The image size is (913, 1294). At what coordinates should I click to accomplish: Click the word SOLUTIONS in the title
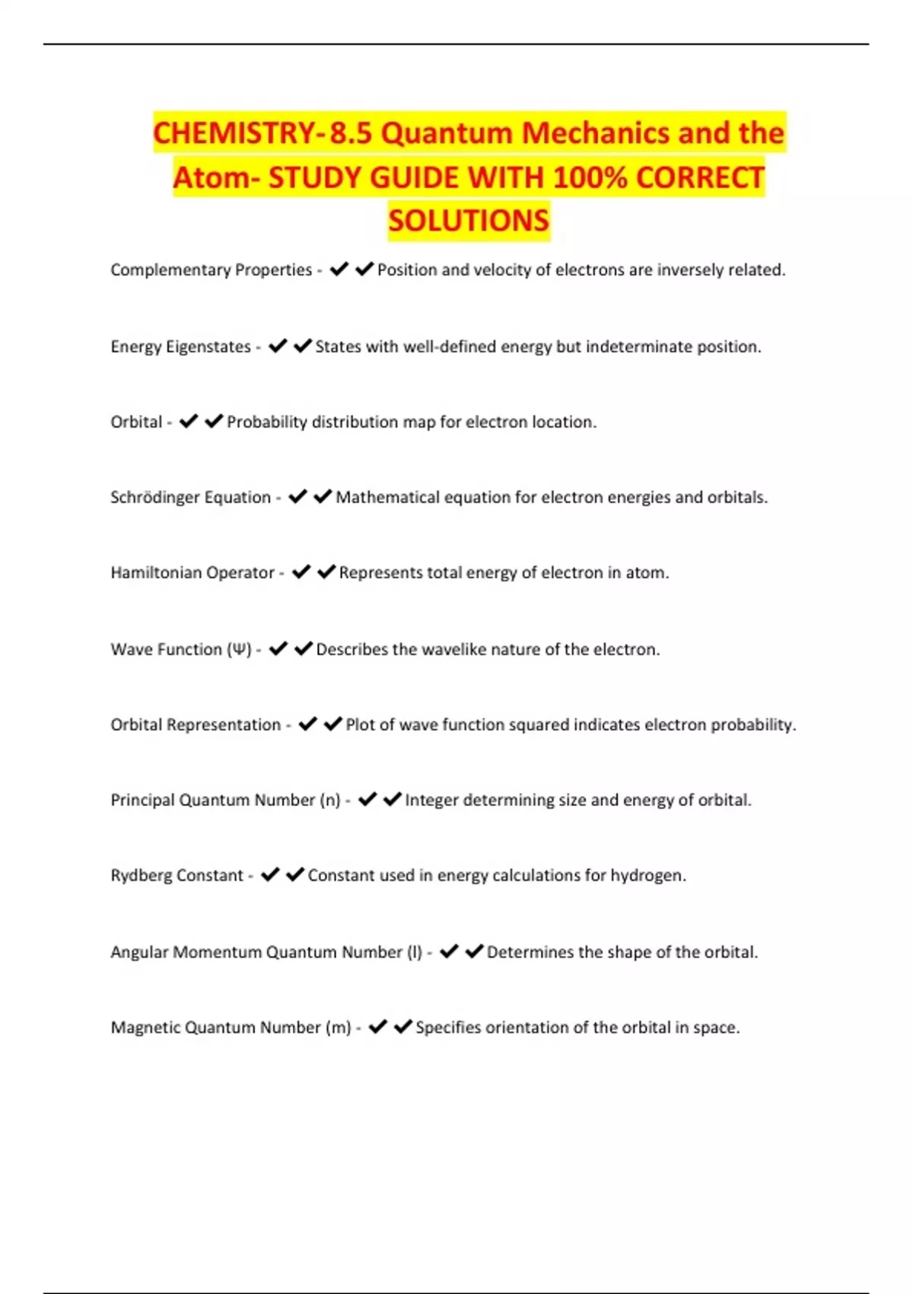(x=468, y=221)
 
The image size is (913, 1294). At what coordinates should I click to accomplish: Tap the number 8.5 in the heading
(x=351, y=133)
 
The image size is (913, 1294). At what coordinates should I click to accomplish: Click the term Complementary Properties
(x=211, y=270)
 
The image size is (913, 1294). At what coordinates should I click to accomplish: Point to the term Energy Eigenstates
(x=180, y=347)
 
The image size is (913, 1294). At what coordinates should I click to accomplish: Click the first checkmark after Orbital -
(x=188, y=422)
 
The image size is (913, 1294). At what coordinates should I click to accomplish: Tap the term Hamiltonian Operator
(x=192, y=573)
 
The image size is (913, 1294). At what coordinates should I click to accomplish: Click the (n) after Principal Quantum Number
(x=329, y=800)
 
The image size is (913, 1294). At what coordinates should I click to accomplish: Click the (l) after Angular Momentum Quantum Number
(x=415, y=952)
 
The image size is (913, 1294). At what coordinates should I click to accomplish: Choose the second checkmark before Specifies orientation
(x=402, y=1028)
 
